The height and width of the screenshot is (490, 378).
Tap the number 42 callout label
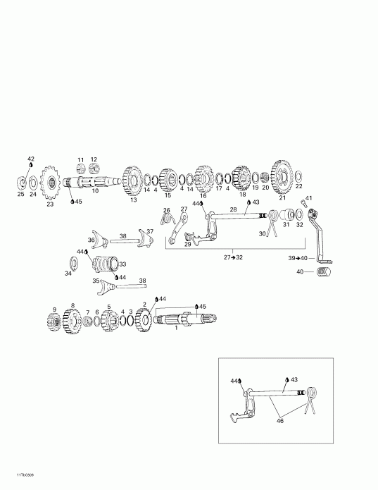click(x=30, y=159)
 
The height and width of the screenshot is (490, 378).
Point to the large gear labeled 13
click(x=132, y=180)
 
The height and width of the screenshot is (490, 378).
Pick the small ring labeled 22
click(x=299, y=174)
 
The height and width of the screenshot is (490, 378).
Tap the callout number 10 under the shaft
click(x=96, y=190)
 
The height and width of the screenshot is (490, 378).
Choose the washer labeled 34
click(x=69, y=263)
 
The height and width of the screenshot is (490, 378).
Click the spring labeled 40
click(x=324, y=271)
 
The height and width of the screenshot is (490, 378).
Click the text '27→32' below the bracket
click(x=234, y=258)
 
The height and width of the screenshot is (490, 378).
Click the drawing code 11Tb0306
click(x=16, y=474)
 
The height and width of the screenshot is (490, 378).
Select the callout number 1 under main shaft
click(x=176, y=328)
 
